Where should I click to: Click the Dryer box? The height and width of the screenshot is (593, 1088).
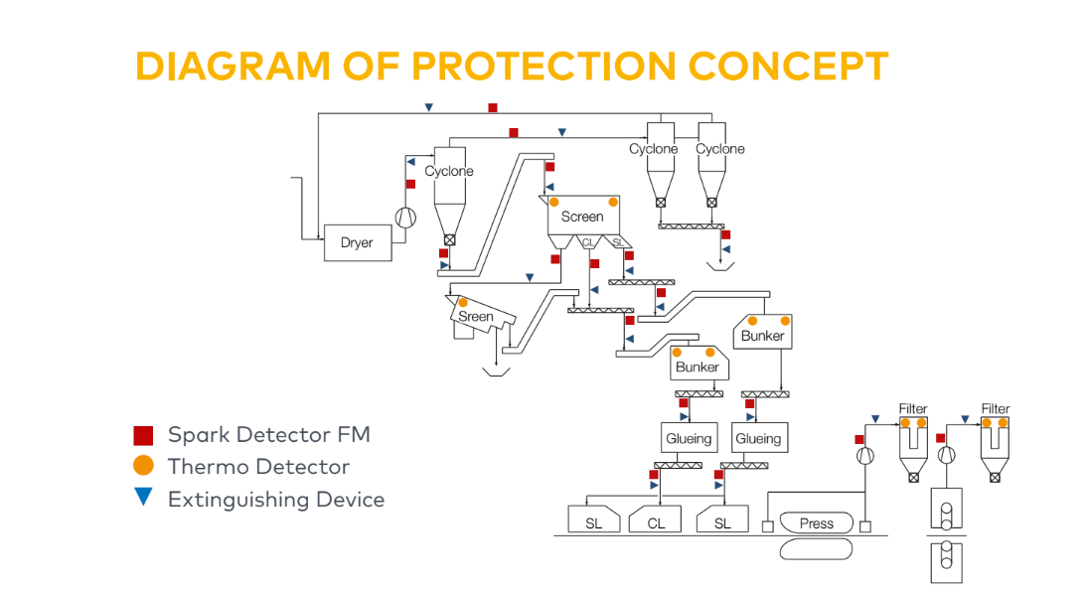click(358, 242)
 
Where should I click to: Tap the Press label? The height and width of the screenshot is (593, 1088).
click(817, 523)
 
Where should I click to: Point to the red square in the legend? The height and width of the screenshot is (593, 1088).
click(144, 435)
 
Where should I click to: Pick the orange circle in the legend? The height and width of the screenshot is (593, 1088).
click(144, 466)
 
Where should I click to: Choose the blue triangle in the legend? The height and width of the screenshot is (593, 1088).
click(144, 498)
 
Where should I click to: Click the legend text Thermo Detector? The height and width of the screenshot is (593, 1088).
click(258, 467)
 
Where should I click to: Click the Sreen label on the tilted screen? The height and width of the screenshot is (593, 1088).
click(476, 317)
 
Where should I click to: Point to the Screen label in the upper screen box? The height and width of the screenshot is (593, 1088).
click(582, 217)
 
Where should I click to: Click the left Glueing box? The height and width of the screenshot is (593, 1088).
click(689, 438)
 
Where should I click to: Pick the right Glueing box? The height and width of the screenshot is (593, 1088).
click(758, 438)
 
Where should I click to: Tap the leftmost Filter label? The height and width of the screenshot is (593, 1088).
click(913, 408)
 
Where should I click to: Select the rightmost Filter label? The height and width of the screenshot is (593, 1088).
click(996, 408)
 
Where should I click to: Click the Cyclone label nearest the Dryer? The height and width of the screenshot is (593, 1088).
click(449, 171)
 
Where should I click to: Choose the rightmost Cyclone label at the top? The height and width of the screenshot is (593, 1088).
click(720, 149)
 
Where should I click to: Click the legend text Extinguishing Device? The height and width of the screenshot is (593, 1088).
click(276, 499)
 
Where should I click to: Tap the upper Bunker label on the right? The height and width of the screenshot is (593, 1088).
click(763, 336)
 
